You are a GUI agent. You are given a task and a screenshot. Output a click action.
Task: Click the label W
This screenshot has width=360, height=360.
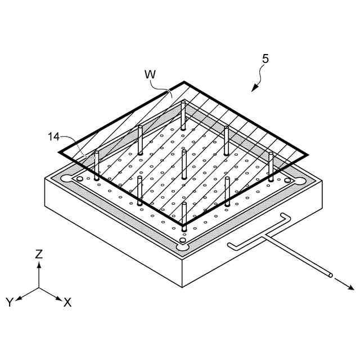(x=150, y=74)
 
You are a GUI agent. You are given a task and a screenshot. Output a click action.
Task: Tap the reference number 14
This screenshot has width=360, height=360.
(x=53, y=136)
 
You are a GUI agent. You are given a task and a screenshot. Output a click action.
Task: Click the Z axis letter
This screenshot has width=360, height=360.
(x=39, y=254)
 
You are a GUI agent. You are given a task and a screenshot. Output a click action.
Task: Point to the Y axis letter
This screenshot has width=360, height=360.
(x=10, y=302)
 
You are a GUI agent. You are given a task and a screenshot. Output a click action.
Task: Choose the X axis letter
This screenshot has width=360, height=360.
(x=67, y=302)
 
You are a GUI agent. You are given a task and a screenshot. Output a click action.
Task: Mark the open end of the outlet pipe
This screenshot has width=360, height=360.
(x=330, y=276)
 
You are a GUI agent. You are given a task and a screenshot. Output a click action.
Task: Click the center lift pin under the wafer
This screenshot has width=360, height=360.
(x=184, y=163)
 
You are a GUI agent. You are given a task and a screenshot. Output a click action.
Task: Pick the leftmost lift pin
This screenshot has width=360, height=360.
(x=97, y=165)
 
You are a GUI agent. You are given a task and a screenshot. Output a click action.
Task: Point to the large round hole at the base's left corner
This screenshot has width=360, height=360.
(x=67, y=179)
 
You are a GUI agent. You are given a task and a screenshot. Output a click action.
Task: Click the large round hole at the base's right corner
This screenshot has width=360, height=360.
(x=298, y=181)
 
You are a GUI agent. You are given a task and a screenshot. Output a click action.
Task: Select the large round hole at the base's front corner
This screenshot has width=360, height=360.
(x=182, y=246)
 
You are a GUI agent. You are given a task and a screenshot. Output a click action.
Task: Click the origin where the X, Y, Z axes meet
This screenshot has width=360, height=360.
(x=39, y=288)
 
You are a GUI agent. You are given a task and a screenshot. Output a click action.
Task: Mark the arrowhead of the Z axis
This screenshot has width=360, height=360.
(x=39, y=264)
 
